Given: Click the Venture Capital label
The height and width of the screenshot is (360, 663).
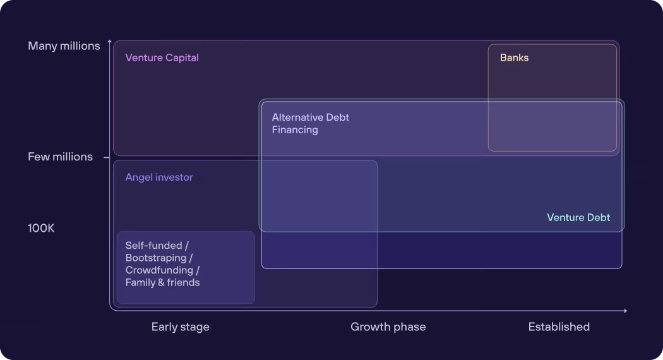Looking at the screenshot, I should pyautogui.click(x=162, y=57).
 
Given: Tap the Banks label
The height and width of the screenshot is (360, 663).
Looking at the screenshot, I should pyautogui.click(x=514, y=57).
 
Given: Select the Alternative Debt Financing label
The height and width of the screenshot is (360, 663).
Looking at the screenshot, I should pyautogui.click(x=310, y=124).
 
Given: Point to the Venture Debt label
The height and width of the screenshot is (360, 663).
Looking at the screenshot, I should pyautogui.click(x=578, y=217).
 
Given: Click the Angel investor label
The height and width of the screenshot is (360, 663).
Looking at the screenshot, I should pyautogui.click(x=159, y=177).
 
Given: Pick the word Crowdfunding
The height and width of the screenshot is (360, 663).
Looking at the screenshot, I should pyautogui.click(x=160, y=270).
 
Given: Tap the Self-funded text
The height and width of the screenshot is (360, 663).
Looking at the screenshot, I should pyautogui.click(x=153, y=246).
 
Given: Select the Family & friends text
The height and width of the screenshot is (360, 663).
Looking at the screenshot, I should pyautogui.click(x=162, y=282).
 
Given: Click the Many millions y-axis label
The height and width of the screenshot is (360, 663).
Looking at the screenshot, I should pyautogui.click(x=64, y=46).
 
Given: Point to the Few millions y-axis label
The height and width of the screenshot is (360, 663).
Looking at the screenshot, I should pyautogui.click(x=60, y=157).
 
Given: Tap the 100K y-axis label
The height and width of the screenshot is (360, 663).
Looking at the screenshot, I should pyautogui.click(x=41, y=228).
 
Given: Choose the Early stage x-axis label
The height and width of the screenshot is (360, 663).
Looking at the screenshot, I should pyautogui.click(x=180, y=327).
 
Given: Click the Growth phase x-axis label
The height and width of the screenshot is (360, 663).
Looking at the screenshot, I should pyautogui.click(x=388, y=327).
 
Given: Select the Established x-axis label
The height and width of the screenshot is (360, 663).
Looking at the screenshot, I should pyautogui.click(x=559, y=327).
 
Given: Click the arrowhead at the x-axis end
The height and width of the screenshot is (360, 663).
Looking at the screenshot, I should pyautogui.click(x=625, y=311).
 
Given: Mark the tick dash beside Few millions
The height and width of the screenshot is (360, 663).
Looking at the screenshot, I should pyautogui.click(x=106, y=157).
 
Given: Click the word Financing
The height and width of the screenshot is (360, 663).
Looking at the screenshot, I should pyautogui.click(x=295, y=130).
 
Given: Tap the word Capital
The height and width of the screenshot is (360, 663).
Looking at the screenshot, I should pyautogui.click(x=182, y=57).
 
